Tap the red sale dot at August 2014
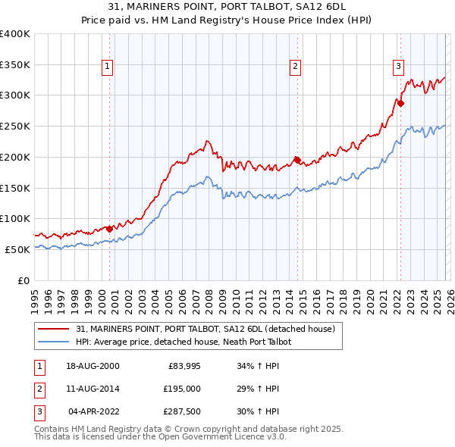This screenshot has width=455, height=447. (x=298, y=161)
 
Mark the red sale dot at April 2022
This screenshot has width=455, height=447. (x=400, y=103)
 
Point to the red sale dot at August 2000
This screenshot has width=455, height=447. (x=110, y=228)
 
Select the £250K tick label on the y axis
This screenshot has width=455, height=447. (x=14, y=127)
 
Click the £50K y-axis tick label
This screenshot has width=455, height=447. (x=17, y=249)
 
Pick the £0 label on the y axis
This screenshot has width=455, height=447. (x=23, y=280)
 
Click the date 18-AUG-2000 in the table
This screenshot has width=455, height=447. (x=93, y=366)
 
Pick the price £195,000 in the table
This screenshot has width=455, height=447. (x=183, y=389)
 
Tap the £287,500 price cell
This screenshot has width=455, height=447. (x=183, y=411)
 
